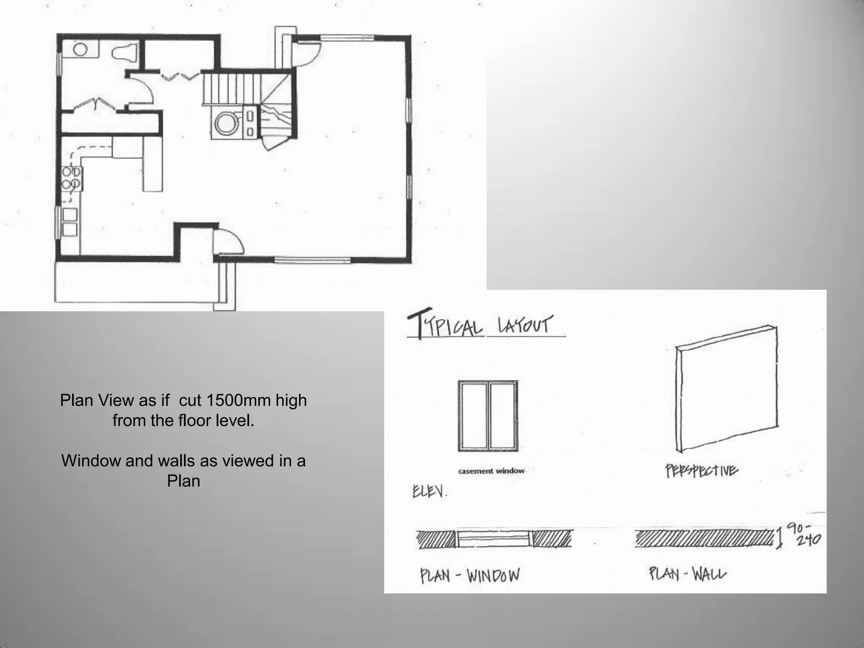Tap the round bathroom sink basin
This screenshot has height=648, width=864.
coord(80,49)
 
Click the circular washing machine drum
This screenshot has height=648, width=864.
coord(227,123)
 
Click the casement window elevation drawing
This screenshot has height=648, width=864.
coord(488,416)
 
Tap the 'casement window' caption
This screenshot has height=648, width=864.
coord(491,471)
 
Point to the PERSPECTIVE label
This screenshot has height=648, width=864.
coord(702,471)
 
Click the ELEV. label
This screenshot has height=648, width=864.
coord(429,491)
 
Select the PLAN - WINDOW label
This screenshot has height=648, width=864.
coord(470,575)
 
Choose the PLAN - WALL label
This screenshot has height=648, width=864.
coord(687,574)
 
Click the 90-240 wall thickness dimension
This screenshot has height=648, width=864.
coord(807,535)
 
